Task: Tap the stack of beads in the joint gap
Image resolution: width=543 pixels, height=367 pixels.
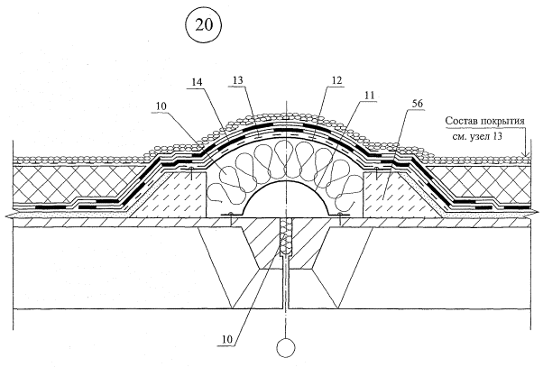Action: pos(285,237)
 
